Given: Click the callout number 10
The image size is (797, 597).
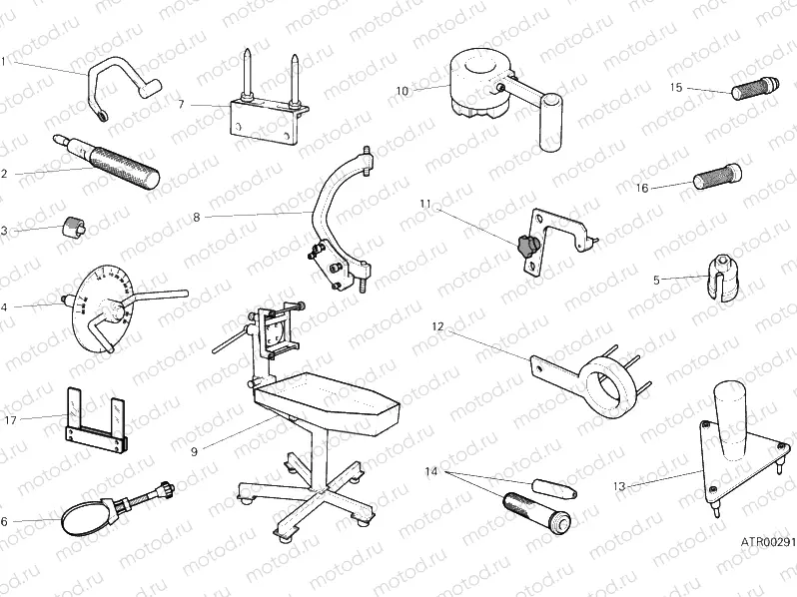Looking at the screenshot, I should coord(401,90).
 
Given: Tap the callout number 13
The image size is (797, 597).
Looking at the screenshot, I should coord(619,486).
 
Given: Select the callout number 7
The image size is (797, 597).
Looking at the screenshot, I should coord(181,104).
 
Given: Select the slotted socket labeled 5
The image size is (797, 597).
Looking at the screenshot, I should coord(721,280).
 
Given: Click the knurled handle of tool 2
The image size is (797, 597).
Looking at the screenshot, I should coord(125,167).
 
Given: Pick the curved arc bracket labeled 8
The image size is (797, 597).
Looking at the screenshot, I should coord(332,195).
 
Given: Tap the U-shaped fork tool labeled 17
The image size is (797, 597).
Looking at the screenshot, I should coord(95,425).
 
